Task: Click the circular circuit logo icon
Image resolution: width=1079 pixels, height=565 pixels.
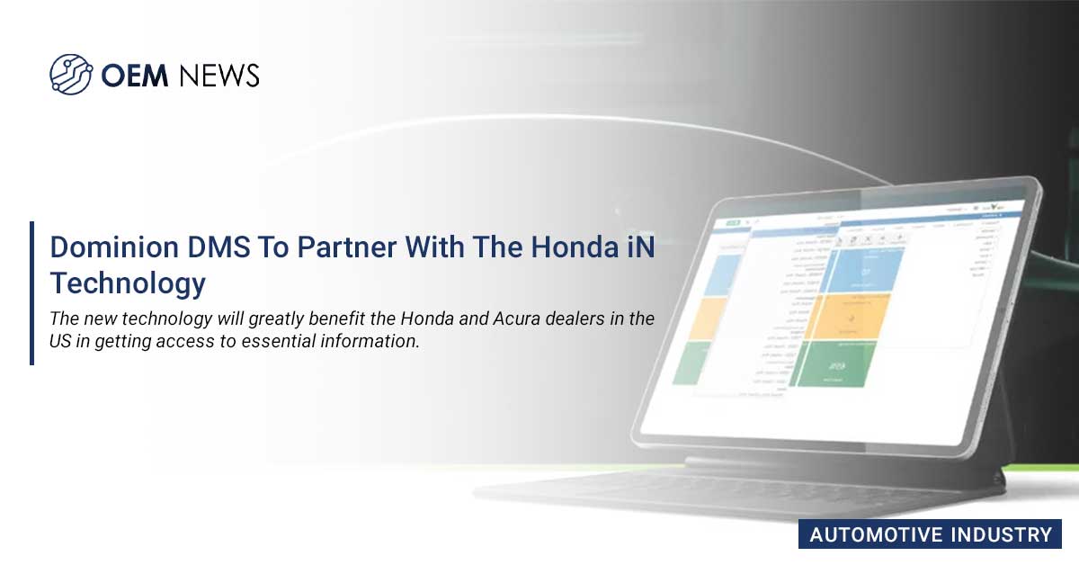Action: [71, 74]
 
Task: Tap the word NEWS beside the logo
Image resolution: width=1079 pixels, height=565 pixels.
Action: [219, 76]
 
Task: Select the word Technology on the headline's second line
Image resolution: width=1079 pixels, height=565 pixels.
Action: [128, 283]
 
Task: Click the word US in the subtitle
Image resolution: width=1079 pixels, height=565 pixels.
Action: [61, 343]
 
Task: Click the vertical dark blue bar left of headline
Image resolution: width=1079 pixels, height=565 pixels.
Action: [32, 292]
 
